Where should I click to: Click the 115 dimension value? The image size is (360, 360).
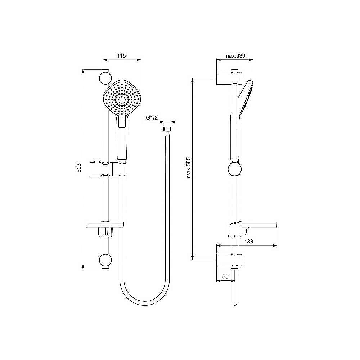[x=122, y=56]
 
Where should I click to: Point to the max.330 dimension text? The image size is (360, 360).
[x=234, y=56]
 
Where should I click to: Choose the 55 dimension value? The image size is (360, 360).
[x=225, y=276]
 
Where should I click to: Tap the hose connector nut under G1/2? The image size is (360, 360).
[x=167, y=129]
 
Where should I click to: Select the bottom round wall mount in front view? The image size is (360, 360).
[x=105, y=260]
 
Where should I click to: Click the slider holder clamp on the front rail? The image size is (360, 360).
[x=108, y=169]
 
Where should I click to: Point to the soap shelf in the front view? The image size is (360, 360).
[x=106, y=225]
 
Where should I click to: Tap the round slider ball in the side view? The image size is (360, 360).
[x=234, y=168]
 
